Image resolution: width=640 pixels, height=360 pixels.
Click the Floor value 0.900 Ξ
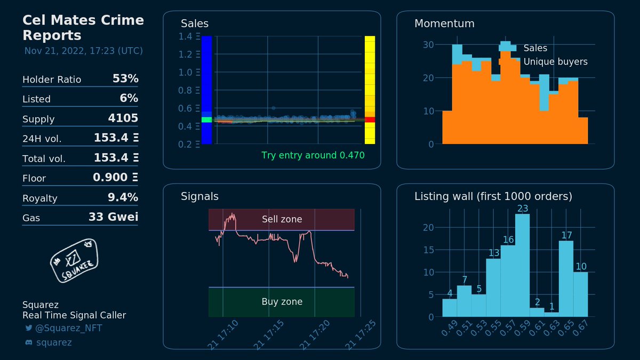[115, 178]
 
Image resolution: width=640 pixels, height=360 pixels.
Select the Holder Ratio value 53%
[125, 79]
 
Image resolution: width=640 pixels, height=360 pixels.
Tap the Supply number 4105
[123, 118]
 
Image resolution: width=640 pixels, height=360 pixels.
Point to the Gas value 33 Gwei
[113, 217]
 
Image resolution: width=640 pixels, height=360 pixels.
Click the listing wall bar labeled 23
[522, 265]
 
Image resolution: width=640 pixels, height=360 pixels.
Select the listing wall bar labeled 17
[566, 278]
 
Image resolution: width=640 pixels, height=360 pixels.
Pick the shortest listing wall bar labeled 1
[551, 314]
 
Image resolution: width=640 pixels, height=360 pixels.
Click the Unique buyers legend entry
[555, 62]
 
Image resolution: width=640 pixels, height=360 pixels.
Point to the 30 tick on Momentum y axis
[428, 44]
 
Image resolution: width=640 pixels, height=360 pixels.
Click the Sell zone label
[282, 219]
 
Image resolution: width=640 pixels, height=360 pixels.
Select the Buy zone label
[282, 302]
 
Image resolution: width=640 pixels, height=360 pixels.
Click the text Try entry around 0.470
[313, 156]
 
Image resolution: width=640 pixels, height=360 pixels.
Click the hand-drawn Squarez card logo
[73, 260]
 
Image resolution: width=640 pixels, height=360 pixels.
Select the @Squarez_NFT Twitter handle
[68, 328]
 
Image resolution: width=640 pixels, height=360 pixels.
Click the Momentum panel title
[444, 23]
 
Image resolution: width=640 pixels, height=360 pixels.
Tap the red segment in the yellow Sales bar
[370, 119]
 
